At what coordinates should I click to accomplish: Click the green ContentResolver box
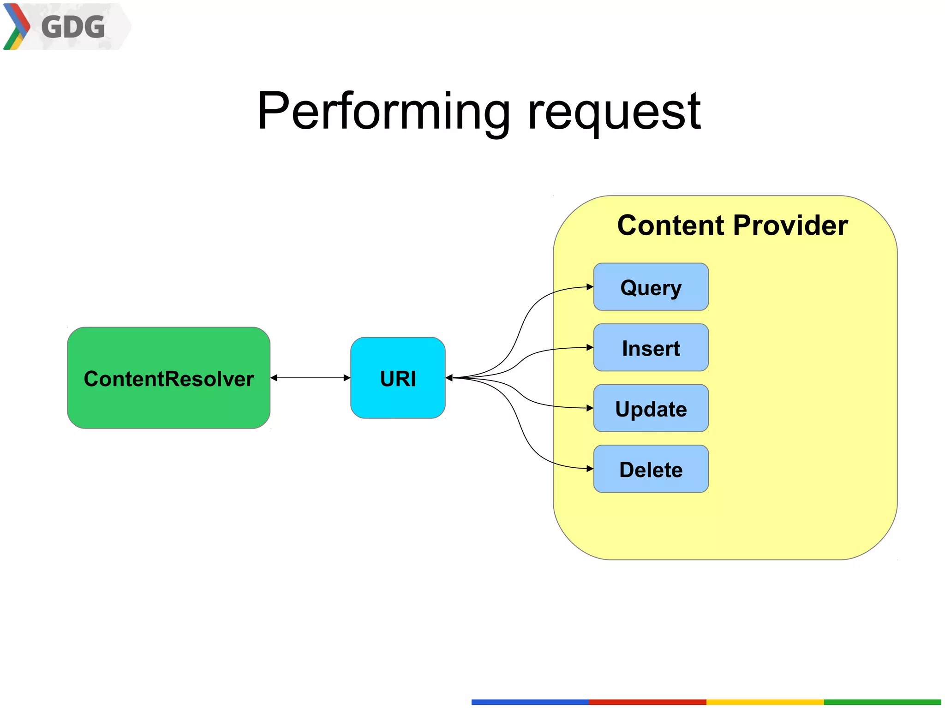168,378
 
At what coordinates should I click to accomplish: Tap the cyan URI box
398,378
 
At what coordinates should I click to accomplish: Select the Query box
651,287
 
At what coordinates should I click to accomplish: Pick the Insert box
651,348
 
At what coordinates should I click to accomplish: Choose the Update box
651,408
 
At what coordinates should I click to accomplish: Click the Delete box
651,469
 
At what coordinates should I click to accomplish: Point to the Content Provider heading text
732,225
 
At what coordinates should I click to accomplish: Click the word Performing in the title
383,111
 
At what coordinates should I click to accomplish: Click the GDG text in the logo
73,27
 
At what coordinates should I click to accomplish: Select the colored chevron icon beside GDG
16,26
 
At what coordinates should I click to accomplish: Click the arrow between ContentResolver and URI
310,378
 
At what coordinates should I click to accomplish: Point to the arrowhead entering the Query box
590,287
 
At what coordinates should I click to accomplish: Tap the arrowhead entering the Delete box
590,469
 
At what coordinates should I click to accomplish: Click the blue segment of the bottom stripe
530,702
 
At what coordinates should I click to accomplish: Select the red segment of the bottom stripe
647,702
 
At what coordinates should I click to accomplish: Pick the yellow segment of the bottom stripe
765,702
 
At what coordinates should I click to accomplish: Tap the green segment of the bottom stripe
882,702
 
